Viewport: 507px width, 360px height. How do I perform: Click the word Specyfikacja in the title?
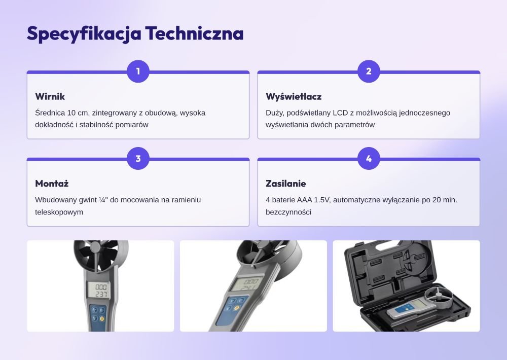tap(84, 33)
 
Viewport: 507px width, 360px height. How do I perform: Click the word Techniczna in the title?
tap(194, 33)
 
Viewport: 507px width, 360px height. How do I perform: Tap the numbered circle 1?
tap(138, 71)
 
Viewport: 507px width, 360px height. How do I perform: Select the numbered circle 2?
tap(369, 71)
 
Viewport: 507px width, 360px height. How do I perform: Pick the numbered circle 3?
tap(138, 159)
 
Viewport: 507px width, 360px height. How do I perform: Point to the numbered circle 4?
tap(369, 159)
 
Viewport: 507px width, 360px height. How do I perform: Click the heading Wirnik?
tap(50, 96)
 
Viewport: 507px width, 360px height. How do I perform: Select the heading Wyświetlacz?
tap(294, 96)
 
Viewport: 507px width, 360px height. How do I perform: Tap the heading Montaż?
tap(52, 184)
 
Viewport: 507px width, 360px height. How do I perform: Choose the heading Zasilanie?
tap(286, 184)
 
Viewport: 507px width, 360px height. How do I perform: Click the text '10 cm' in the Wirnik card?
tap(78, 113)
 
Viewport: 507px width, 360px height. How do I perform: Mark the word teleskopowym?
tap(59, 212)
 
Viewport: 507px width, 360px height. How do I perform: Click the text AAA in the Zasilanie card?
tap(305, 200)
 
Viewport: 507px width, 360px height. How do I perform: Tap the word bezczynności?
tap(288, 212)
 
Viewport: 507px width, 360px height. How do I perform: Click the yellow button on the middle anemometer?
tap(236, 308)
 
